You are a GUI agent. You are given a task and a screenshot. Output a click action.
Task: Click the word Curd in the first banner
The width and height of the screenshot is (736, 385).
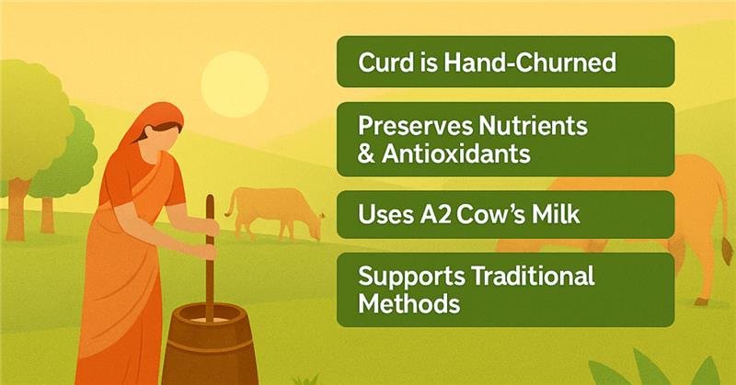click(382, 63)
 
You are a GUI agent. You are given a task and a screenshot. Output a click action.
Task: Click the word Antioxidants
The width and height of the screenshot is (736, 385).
click(457, 153)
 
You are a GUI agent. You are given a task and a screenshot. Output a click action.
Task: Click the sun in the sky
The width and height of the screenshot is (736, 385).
click(234, 81)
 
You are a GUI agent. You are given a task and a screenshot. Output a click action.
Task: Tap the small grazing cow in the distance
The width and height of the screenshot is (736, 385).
click(273, 213)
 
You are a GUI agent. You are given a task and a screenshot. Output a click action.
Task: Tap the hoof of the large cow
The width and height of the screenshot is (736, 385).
click(702, 300)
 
